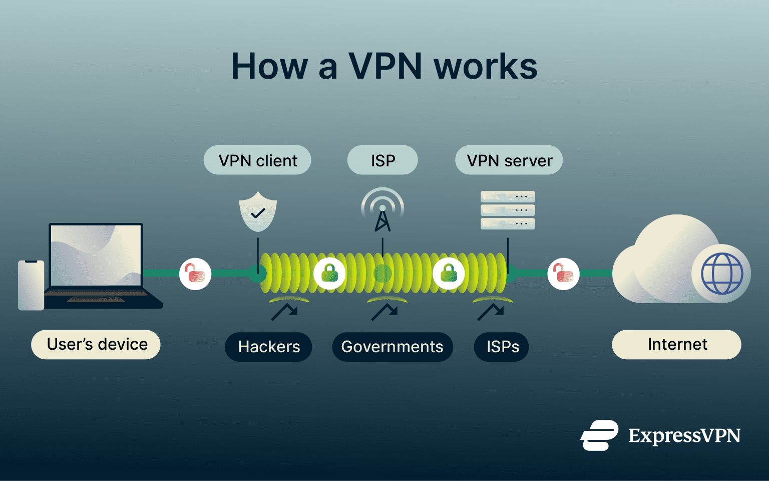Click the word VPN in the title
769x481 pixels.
coord(385,66)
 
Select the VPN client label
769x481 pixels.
coord(257,160)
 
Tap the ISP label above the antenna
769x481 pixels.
coord(382,160)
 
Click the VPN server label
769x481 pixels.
coord(509,160)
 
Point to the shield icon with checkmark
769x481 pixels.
coord(258,212)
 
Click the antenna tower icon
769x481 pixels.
coord(382,210)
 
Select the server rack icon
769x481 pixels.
coord(508,210)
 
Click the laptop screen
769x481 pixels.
coord(96,256)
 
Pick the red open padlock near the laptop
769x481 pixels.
coord(195,274)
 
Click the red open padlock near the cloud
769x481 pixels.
coord(564,274)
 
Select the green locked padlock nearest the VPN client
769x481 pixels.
coord(329,274)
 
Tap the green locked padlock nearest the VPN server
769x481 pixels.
coord(449,274)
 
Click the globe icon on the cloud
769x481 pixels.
coord(722,274)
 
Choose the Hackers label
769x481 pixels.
coord(268,347)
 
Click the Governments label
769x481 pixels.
coord(392,347)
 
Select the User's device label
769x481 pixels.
coord(96,344)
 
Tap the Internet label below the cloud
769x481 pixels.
coord(676,344)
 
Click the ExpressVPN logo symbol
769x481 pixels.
coord(599,435)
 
